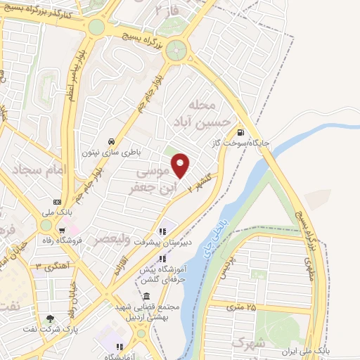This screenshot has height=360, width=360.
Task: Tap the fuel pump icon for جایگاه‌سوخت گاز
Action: click(x=242, y=131)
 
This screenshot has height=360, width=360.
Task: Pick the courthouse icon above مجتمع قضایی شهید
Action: click(x=146, y=296)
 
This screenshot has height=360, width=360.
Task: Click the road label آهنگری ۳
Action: click(x=48, y=266)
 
